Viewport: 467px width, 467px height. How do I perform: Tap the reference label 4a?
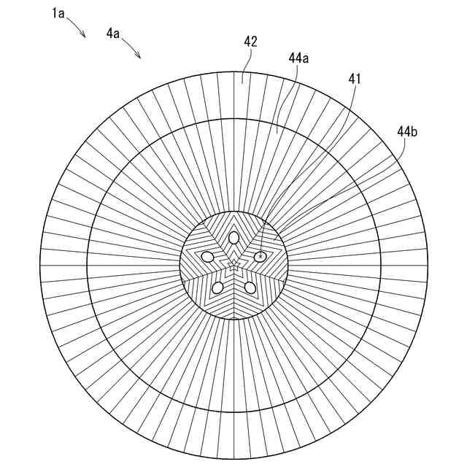pos(114,33)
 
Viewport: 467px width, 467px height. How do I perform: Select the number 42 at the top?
pos(250,42)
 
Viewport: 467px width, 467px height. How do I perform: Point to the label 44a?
pos(298,58)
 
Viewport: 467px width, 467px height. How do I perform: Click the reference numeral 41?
pos(355,78)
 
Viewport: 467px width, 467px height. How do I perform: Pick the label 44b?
pos(407,131)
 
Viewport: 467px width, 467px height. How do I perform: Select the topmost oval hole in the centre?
pos(233,237)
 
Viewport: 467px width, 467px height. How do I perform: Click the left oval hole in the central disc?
pos(208,257)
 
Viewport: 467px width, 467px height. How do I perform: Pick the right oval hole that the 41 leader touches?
pos(260,256)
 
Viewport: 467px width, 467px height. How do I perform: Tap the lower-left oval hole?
pos(217,287)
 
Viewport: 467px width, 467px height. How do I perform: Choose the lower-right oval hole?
pos(250,287)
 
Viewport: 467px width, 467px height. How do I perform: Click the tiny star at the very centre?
pos(233,266)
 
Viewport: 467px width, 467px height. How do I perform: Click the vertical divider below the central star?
pos(233,299)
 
